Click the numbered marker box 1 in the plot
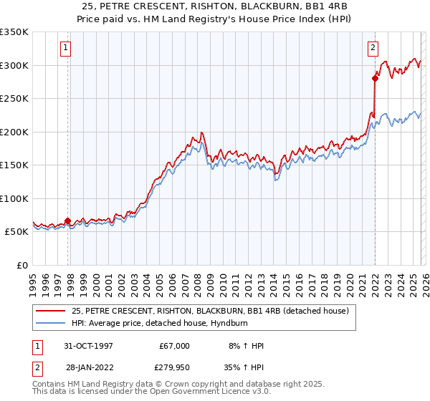point(65,48)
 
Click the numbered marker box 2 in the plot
point(373,48)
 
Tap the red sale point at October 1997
point(68,221)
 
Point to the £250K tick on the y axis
point(14,99)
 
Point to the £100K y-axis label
point(14,198)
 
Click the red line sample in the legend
point(50,311)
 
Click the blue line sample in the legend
point(50,323)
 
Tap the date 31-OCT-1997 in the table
point(90,346)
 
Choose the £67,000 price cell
point(174,346)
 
